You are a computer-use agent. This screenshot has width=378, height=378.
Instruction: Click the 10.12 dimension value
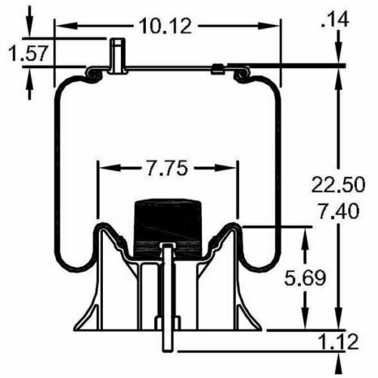[x=166, y=26]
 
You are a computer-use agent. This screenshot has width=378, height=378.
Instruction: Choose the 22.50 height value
[x=339, y=184]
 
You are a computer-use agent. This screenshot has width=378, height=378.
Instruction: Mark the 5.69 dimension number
[x=305, y=277]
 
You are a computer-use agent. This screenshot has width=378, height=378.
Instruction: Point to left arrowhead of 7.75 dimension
[x=104, y=166]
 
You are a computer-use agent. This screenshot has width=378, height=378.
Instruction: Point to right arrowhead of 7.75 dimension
[x=232, y=166]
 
